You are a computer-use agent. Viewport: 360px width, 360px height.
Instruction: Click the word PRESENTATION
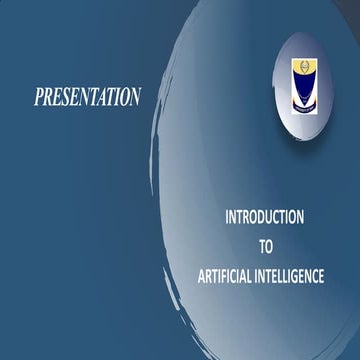pos(87,97)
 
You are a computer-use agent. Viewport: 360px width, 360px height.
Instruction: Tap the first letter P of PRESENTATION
pos(39,97)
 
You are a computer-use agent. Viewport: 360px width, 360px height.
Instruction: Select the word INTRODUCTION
pos(265,216)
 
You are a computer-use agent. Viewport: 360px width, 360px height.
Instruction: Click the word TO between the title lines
pos(265,245)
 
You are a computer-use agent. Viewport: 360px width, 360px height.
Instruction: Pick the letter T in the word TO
pos(261,245)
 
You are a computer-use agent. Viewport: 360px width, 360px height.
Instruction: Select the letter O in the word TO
pos(269,245)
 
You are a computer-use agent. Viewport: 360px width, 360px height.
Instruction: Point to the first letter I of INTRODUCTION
pos(227,216)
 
